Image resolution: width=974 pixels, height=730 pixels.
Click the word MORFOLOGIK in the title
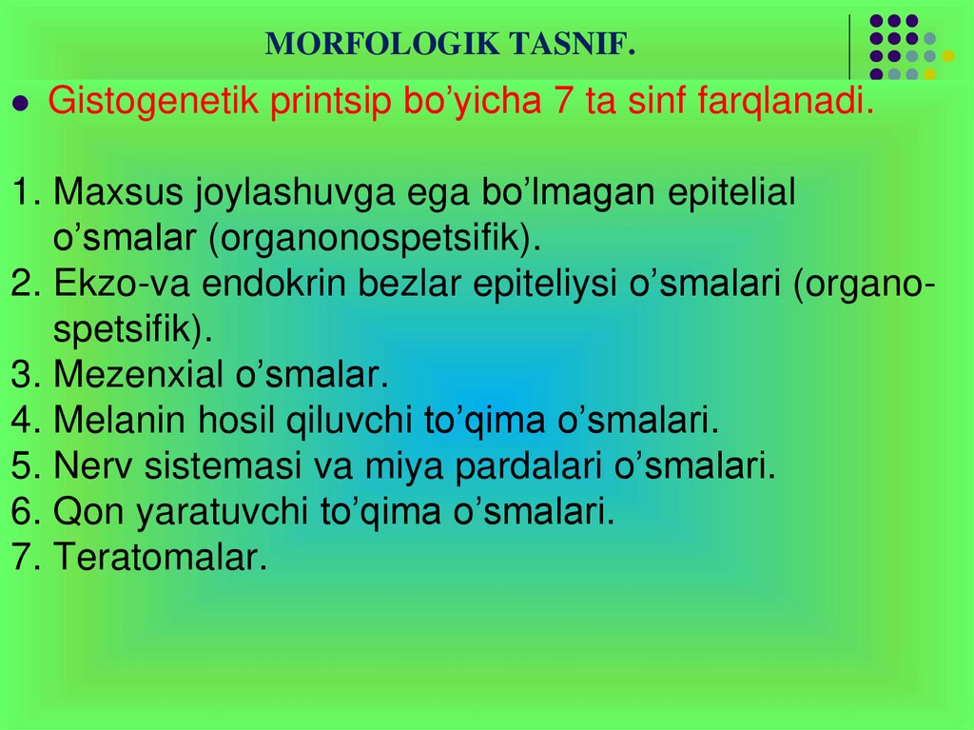382,44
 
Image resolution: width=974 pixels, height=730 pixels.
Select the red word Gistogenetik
153,101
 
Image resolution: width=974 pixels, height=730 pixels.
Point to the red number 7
562,100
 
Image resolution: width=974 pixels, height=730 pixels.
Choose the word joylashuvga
296,193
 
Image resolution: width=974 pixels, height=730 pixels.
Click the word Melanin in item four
119,420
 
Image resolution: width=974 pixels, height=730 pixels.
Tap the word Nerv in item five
92,465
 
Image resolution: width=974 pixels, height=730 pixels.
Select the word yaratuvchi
222,512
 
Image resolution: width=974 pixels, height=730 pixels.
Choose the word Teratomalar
160,557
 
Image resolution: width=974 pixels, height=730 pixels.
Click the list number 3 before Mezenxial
24,374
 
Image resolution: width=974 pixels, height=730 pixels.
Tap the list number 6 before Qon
24,512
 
